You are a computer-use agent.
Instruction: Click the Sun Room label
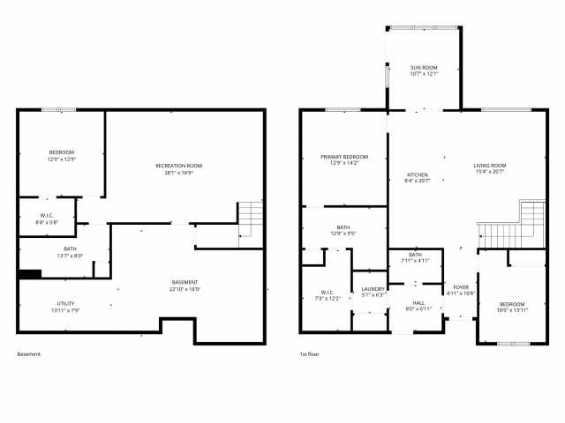coord(424,67)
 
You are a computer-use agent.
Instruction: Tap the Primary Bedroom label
coord(343,156)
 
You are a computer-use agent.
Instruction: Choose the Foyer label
coord(461,287)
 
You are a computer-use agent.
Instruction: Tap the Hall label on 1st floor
coord(418,302)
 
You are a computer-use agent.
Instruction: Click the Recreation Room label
coord(179,166)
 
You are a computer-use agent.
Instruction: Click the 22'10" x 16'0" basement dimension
coord(185,289)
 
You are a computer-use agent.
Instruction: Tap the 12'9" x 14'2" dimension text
coord(343,163)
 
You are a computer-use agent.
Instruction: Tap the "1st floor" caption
coord(310,354)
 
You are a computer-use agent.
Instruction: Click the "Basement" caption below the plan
coord(29,354)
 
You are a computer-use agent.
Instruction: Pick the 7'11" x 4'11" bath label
coord(415,261)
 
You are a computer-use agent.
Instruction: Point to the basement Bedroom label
coord(62,152)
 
